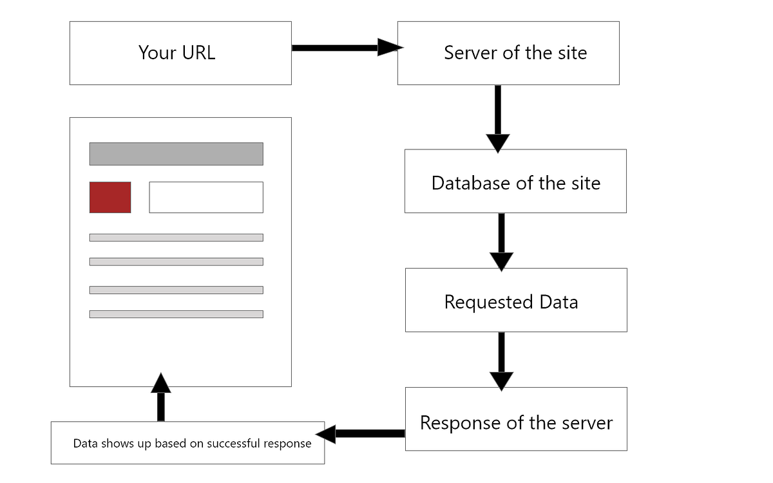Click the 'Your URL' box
(x=180, y=53)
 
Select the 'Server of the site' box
(x=508, y=53)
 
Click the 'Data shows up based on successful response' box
(x=187, y=443)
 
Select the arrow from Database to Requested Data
(x=501, y=241)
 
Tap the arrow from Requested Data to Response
(x=501, y=360)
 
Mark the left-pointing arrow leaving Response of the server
(x=361, y=433)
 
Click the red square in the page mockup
(x=110, y=197)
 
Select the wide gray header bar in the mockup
(x=176, y=154)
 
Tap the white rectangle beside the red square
(x=206, y=197)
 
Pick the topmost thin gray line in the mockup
(x=176, y=238)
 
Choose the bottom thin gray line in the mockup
(x=176, y=314)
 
